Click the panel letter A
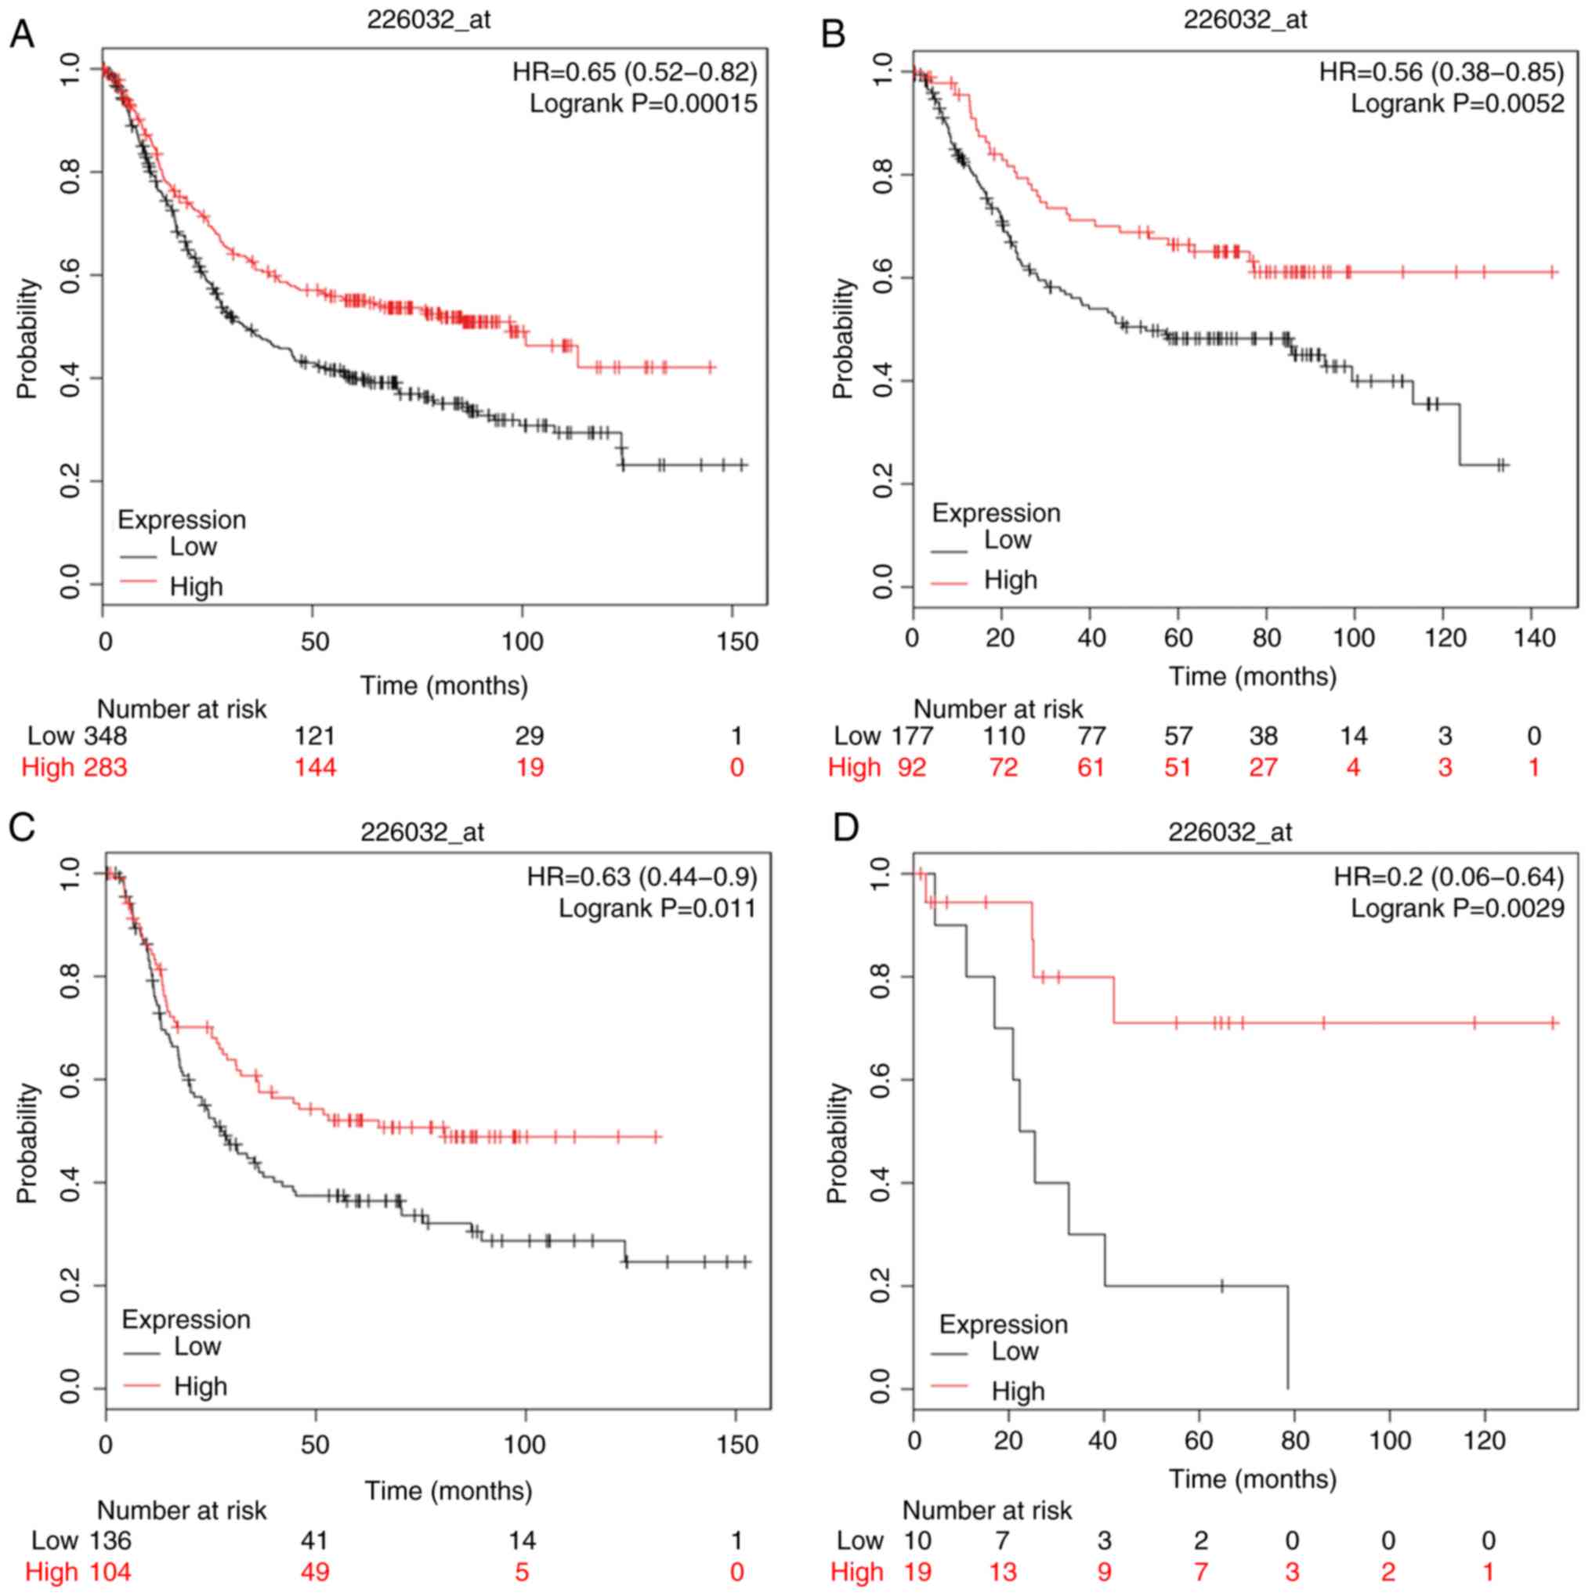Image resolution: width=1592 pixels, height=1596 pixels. (x=22, y=34)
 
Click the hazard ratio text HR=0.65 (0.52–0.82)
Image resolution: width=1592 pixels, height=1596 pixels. (x=634, y=73)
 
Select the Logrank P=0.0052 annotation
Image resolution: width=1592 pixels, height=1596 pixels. (x=1457, y=104)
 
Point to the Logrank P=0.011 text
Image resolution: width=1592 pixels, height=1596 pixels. (x=657, y=909)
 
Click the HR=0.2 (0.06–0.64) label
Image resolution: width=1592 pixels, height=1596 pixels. (x=1449, y=877)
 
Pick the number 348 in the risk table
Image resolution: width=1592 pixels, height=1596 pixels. (x=105, y=735)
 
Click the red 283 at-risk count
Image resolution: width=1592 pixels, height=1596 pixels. (x=105, y=767)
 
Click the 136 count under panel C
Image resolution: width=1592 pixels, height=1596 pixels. (x=109, y=1540)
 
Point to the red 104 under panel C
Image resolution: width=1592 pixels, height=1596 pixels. (x=109, y=1571)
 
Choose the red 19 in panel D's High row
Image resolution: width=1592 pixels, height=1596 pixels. (x=916, y=1571)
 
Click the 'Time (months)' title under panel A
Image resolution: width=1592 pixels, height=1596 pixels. (x=443, y=685)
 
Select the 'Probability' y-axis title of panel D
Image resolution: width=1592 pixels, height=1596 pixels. (x=838, y=1143)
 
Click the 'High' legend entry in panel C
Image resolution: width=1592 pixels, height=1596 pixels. (x=200, y=1386)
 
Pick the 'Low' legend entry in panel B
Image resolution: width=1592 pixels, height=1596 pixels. (x=1007, y=541)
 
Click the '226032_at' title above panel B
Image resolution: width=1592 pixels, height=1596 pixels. (x=1245, y=19)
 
